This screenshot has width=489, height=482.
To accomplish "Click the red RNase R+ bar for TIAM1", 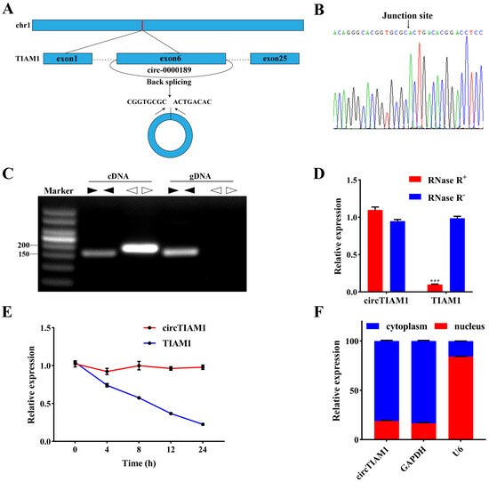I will [433, 287].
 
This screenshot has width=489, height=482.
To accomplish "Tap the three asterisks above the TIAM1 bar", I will [433, 279].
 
